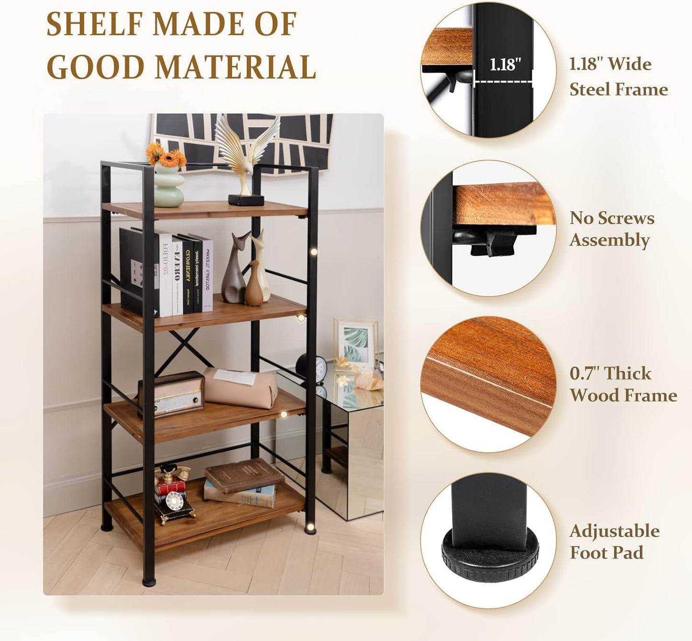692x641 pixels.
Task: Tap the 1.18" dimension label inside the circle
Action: coord(505,65)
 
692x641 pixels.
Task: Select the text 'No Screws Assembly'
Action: coord(612,229)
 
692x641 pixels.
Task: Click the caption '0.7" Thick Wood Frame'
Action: coord(623,384)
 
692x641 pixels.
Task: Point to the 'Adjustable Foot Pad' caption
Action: coord(614,542)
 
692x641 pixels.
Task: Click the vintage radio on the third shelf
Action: coord(171,393)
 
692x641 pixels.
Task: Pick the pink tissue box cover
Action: coord(242,387)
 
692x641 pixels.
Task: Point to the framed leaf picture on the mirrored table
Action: coord(356,343)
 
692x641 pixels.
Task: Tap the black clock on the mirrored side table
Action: coord(311,366)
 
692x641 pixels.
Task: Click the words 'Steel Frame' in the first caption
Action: coord(618,90)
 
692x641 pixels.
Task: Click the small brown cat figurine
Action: coord(254,285)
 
